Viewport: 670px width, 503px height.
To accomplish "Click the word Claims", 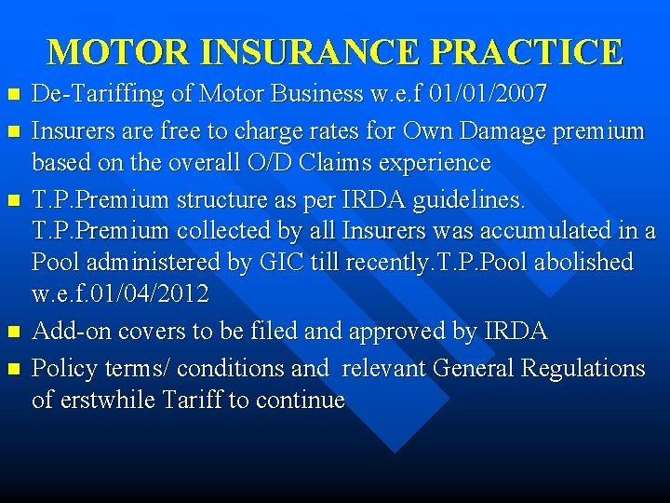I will pyautogui.click(x=358, y=163).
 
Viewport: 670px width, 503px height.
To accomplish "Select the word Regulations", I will pyautogui.click(x=583, y=368).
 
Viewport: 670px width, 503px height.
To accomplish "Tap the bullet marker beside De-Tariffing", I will pyautogui.click(x=12, y=95).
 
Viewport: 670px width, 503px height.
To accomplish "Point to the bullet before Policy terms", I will pyautogui.click(x=12, y=369).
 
